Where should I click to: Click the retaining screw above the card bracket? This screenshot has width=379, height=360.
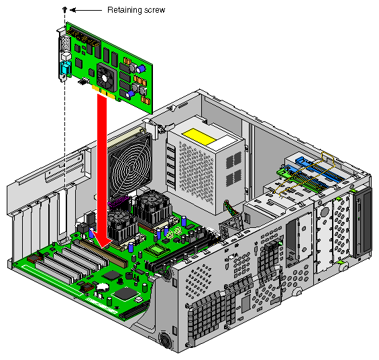tap(64, 10)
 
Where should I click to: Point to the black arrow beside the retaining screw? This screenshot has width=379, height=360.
tap(86, 10)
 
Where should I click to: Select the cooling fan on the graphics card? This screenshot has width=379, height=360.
tap(105, 76)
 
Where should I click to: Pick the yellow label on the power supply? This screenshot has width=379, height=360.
tap(199, 137)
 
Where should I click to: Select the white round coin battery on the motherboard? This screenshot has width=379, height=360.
tap(103, 287)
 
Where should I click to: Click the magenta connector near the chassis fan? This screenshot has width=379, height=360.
tap(119, 202)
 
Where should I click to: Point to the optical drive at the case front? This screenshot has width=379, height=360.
tap(362, 222)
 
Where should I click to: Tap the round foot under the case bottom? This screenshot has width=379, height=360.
tap(166, 340)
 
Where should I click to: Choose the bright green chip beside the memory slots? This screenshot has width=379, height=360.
tap(157, 249)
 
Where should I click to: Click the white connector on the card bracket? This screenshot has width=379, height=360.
tap(66, 57)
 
